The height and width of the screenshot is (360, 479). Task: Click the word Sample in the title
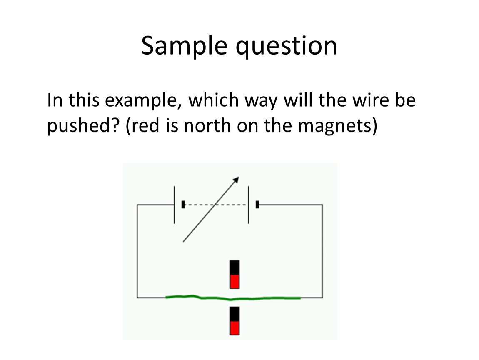click(184, 46)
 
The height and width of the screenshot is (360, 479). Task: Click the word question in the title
click(286, 46)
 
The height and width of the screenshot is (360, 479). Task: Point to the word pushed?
click(82, 126)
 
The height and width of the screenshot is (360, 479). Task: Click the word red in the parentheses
click(145, 126)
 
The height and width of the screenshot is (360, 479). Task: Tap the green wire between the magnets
click(233, 297)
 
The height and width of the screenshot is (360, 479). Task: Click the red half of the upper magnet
click(235, 282)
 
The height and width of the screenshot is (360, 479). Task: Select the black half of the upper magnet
click(235, 267)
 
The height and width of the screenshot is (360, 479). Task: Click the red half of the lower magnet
click(235, 328)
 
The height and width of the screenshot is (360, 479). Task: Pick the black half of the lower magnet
click(235, 314)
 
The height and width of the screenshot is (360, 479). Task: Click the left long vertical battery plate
click(175, 205)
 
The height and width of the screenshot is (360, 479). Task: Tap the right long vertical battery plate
click(248, 205)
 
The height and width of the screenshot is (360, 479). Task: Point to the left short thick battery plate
click(183, 205)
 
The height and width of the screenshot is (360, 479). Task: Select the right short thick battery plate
click(257, 205)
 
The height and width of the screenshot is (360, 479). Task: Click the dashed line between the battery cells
click(216, 205)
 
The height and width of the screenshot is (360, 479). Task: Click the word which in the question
click(213, 100)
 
